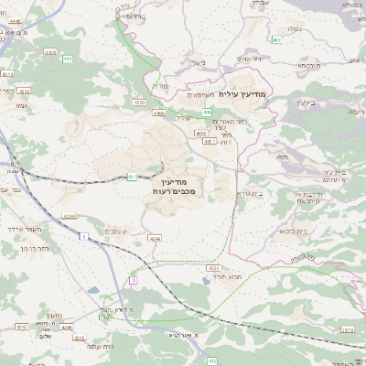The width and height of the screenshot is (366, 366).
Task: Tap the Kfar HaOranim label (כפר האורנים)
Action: pyautogui.click(x=226, y=122)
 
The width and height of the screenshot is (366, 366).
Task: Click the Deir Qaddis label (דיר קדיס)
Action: pyautogui.click(x=249, y=59)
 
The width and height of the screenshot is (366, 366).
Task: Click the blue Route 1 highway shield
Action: pyautogui.click(x=85, y=236)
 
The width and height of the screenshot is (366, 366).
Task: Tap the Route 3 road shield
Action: pyautogui.click(x=134, y=278)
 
